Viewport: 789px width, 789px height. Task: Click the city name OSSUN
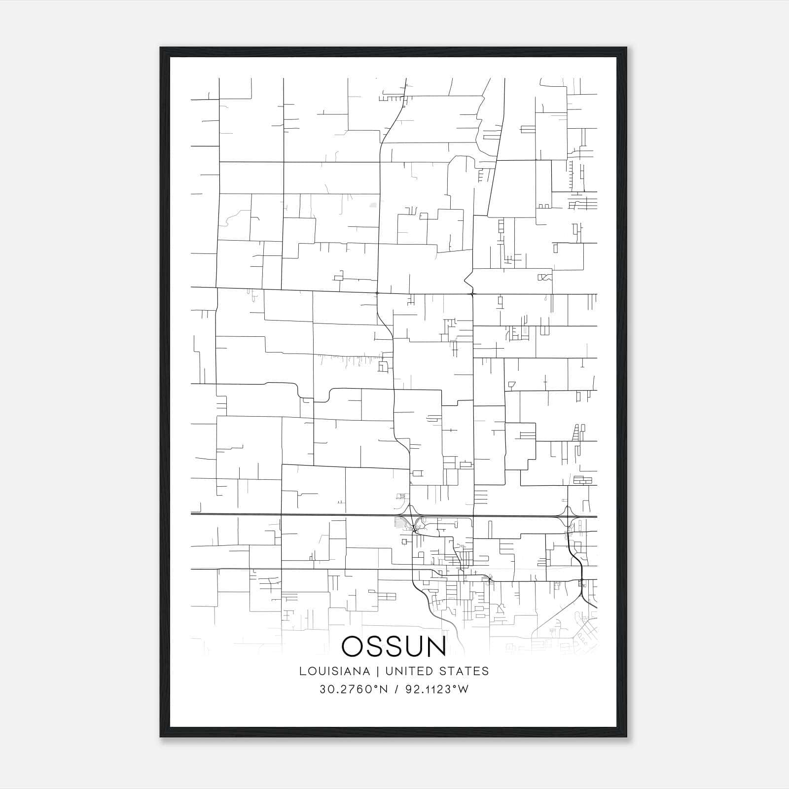coord(394,646)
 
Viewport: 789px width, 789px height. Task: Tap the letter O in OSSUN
coord(353,646)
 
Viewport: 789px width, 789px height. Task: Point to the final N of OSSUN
coord(436,646)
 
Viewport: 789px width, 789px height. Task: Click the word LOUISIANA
coord(334,671)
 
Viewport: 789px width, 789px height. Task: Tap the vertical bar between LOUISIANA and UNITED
coord(377,671)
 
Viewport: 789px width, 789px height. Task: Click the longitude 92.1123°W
coord(436,689)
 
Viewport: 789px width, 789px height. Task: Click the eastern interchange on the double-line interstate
coord(568,517)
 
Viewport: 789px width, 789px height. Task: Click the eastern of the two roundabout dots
coord(472,294)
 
